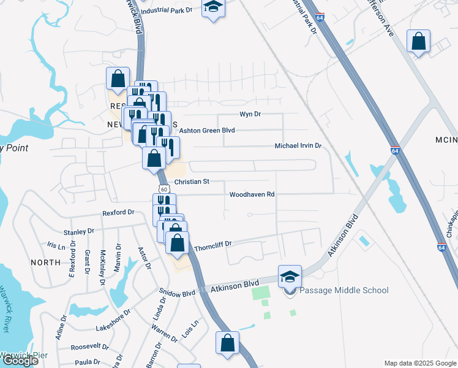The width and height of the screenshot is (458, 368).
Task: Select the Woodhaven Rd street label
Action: (252, 195)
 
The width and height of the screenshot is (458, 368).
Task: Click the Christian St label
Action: (192, 182)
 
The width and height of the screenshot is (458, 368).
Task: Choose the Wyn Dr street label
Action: (250, 114)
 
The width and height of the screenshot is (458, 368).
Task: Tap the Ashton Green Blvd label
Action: (207, 130)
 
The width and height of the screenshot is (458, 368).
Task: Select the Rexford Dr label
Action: (118, 212)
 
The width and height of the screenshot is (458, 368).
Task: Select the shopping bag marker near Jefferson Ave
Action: (419, 42)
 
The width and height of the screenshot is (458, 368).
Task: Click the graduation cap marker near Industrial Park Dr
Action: (213, 7)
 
